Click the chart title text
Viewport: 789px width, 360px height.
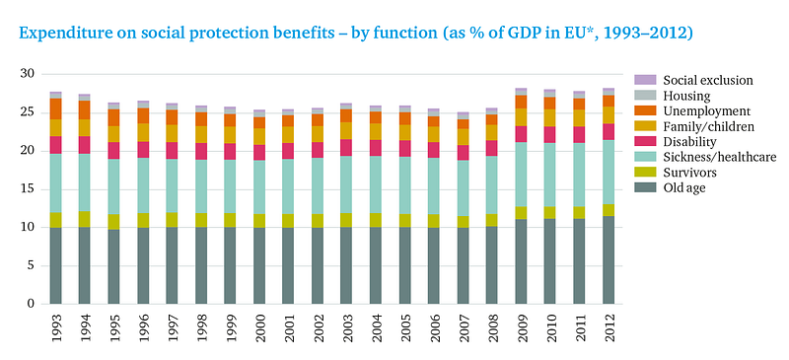[x=356, y=34]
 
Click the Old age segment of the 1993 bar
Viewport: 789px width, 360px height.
[x=55, y=266]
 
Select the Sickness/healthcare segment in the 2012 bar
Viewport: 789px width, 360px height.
[x=609, y=172]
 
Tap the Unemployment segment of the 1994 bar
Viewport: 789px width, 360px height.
[x=85, y=109]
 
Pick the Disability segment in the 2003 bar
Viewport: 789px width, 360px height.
[x=346, y=148]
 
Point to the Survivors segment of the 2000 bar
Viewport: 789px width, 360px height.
[x=259, y=221]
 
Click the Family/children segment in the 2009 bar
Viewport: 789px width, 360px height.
[x=522, y=117]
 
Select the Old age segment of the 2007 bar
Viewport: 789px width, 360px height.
[x=463, y=266]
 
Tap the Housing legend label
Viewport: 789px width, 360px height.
[x=686, y=96]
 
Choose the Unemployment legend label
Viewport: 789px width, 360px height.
[x=707, y=110]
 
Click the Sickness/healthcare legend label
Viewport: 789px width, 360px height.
[x=720, y=157]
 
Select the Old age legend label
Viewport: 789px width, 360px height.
[x=684, y=188]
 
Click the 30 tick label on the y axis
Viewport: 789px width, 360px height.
[x=28, y=74]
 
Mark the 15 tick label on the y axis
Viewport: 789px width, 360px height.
[x=28, y=188]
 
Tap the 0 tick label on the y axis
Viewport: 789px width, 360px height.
[x=32, y=304]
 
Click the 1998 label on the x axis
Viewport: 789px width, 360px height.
[x=201, y=327]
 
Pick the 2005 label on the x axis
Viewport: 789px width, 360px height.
[x=404, y=327]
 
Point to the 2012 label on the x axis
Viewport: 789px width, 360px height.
[x=609, y=327]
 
